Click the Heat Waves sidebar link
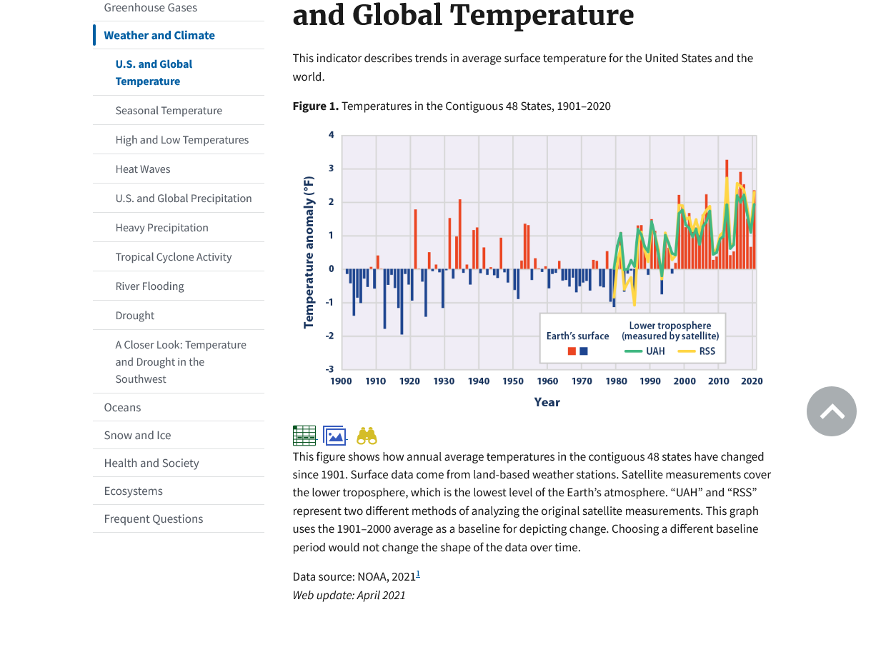click(x=143, y=169)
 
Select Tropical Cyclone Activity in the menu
click(x=174, y=257)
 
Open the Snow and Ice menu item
click(x=137, y=436)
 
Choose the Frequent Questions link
click(x=154, y=519)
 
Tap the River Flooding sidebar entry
click(x=150, y=286)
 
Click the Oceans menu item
click(x=122, y=408)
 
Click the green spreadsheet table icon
click(x=304, y=436)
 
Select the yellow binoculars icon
click(x=367, y=436)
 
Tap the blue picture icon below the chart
click(x=334, y=436)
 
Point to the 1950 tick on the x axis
click(x=513, y=381)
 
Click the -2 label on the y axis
click(x=331, y=336)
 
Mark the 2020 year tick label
click(x=752, y=381)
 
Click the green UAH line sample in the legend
click(x=633, y=351)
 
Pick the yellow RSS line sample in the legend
click(x=687, y=351)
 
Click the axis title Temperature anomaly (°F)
click(x=309, y=252)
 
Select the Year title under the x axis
click(x=547, y=403)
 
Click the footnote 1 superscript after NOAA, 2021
click(x=418, y=573)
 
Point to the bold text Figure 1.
click(x=315, y=106)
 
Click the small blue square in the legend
click(x=584, y=351)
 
